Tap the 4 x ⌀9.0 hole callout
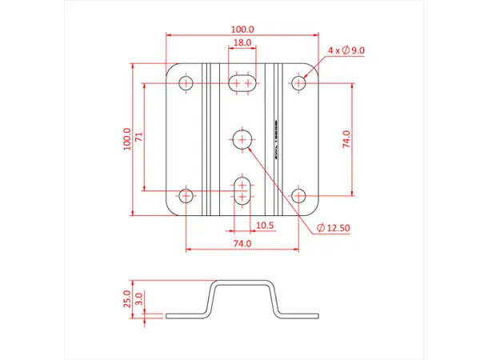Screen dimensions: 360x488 (346, 50)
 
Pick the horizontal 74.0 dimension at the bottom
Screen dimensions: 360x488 (242, 242)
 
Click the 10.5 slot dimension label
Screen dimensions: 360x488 (264, 226)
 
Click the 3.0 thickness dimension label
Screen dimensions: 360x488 (138, 299)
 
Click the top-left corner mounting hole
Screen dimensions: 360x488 (186, 82)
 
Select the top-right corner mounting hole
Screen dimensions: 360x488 (298, 82)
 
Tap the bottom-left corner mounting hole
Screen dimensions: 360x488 (186, 195)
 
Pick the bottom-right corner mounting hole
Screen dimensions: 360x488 (298, 195)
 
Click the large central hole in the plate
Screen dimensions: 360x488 (242, 139)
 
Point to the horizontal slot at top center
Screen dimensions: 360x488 (242, 82)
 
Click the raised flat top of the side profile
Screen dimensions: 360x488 (243, 282)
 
